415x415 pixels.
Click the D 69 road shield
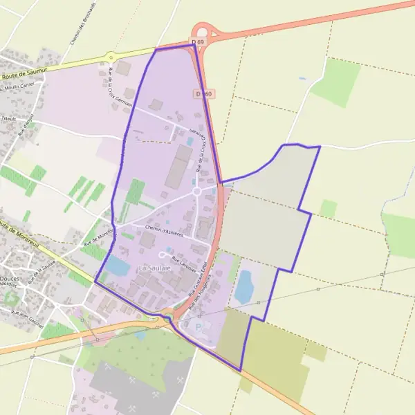coord(199,42)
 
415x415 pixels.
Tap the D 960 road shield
coord(203,93)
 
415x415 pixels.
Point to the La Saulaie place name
coord(154,267)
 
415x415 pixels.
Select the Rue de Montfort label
coord(97,238)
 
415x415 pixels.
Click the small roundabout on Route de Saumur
coord(110,57)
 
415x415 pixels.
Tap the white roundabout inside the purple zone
coord(196,191)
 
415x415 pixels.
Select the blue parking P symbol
coord(200,327)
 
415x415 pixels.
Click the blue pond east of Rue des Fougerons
coord(243,287)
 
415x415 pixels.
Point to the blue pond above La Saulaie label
coord(118,264)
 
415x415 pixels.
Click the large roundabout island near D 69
coord(203,31)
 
